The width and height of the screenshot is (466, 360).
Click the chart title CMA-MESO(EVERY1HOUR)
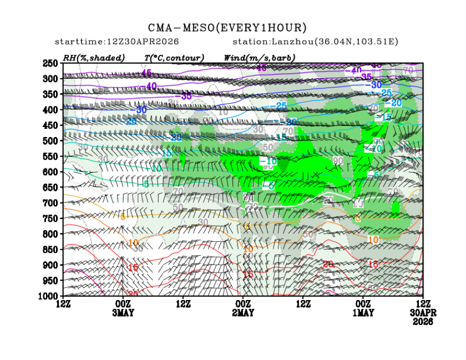(227, 28)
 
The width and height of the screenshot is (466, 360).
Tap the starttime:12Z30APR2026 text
(116, 42)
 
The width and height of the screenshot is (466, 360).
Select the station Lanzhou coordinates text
(315, 42)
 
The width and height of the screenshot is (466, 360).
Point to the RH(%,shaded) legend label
(94, 58)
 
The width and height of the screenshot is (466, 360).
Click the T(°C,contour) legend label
(174, 58)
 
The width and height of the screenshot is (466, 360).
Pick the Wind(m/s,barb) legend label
(259, 58)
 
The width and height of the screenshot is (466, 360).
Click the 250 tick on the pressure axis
(50, 63)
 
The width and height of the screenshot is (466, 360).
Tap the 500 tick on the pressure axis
(50, 141)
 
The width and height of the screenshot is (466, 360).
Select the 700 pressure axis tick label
(50, 203)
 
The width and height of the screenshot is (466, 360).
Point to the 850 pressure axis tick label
(50, 250)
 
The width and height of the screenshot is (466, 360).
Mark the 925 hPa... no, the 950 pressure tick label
(50, 281)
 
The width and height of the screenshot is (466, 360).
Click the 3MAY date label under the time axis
(123, 313)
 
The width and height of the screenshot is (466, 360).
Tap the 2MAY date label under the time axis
(243, 313)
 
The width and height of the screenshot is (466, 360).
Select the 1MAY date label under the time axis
(363, 313)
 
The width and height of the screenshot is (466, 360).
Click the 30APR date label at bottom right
(424, 313)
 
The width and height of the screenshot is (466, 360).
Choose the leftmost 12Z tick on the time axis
(63, 304)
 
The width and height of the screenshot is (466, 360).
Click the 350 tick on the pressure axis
(50, 94)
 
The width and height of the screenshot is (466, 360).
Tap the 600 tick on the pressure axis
(50, 172)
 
